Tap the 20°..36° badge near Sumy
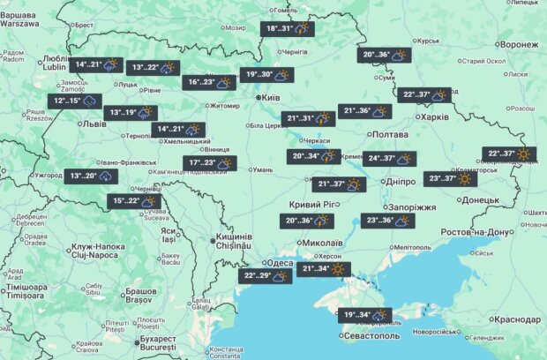tap(386, 55)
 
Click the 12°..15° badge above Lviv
tap(74, 101)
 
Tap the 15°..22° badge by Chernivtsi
tap(136, 201)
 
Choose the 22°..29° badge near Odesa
tap(266, 275)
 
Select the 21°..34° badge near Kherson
tap(326, 268)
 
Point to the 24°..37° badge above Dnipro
tap(389, 159)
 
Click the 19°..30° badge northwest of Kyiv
tap(267, 75)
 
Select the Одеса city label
tap(281, 263)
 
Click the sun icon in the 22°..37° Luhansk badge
tap(525, 154)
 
